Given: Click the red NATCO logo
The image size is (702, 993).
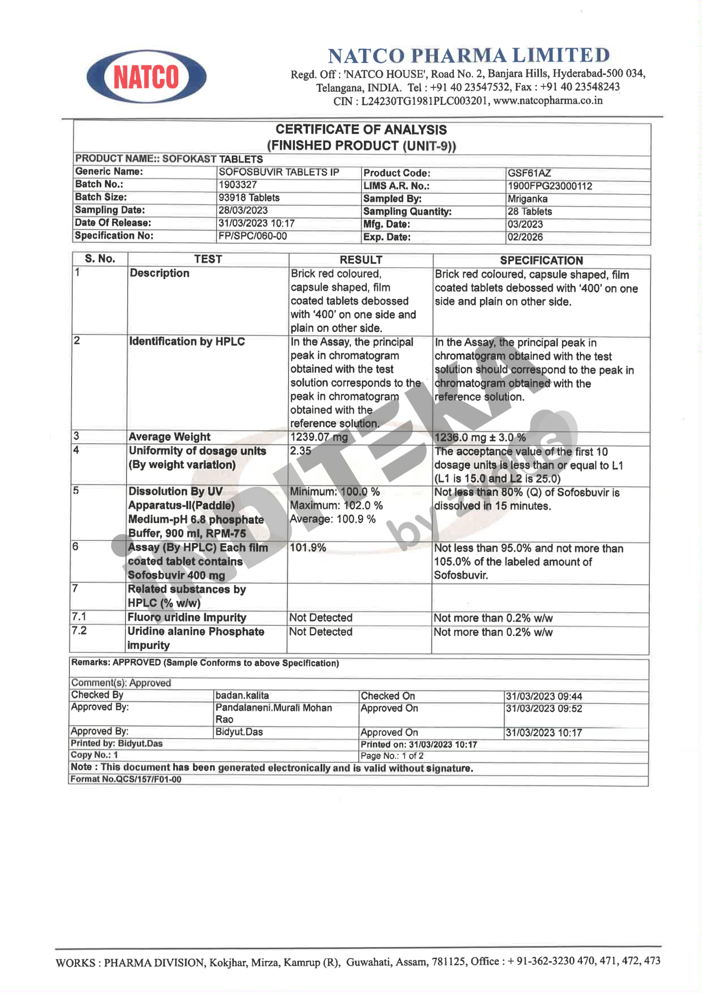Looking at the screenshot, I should [146, 77].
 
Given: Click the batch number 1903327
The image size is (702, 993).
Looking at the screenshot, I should [237, 185].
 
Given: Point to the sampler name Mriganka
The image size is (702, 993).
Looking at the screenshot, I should [527, 199].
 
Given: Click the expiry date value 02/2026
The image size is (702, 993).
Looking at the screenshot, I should [525, 237].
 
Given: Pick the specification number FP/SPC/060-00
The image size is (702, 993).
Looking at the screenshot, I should [253, 236].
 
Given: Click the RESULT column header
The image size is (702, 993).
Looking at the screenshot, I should [361, 260].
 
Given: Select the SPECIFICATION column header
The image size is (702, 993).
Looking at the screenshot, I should [541, 261].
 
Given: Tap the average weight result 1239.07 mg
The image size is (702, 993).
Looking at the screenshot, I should [319, 437].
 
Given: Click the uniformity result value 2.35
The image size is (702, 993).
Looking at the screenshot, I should [300, 451].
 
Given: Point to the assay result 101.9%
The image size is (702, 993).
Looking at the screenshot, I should [308, 548].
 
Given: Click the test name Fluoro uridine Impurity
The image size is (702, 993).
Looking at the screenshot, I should [187, 618].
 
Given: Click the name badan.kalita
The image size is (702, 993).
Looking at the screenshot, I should [242, 696].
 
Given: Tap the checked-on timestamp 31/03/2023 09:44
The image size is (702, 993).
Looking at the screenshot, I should [544, 697].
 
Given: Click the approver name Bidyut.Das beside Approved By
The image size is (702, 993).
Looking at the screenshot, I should [239, 732].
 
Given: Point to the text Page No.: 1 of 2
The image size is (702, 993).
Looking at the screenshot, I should [392, 756].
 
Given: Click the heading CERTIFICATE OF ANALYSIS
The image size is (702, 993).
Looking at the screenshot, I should [361, 130].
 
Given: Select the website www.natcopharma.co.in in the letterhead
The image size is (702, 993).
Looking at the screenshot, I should [548, 101].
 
